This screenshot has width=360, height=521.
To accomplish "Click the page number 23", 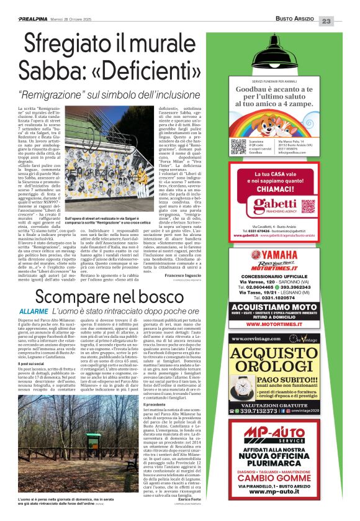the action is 344,22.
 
